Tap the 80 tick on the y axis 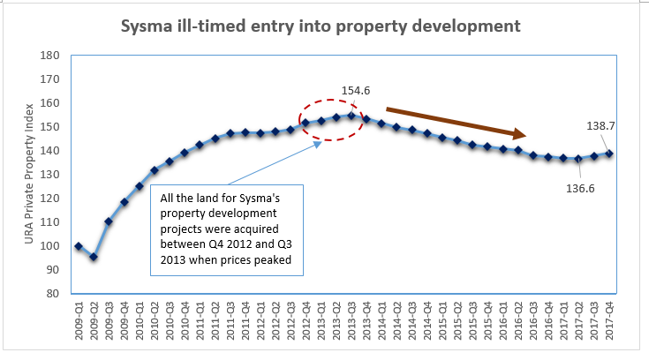click(x=53, y=293)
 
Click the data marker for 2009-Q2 click(x=94, y=257)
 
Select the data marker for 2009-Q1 click(x=79, y=246)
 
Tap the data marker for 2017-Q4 click(x=609, y=154)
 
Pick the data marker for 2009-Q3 click(x=109, y=221)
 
